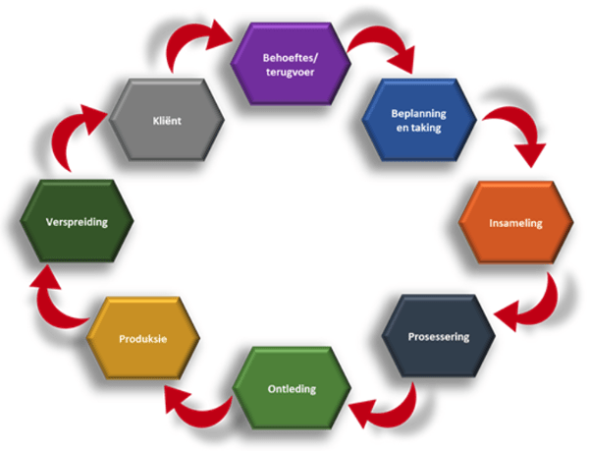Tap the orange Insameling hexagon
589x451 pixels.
coord(515,223)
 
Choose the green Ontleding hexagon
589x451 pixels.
coord(292,388)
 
